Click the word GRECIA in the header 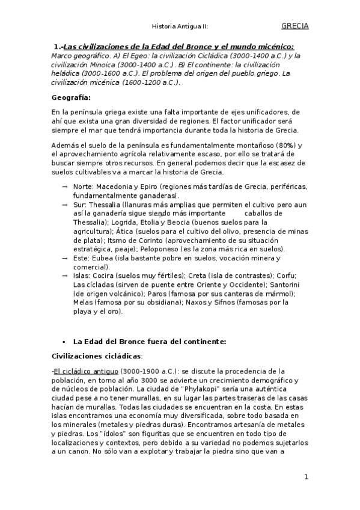[x=294, y=26]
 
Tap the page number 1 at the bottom [x=306, y=478]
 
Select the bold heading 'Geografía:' [x=71, y=97]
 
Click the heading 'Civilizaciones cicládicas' [x=97, y=356]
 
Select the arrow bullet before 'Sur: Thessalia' [x=64, y=205]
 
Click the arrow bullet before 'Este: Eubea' [x=64, y=259]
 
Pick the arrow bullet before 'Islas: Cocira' [x=64, y=275]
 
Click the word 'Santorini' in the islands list [x=292, y=285]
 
